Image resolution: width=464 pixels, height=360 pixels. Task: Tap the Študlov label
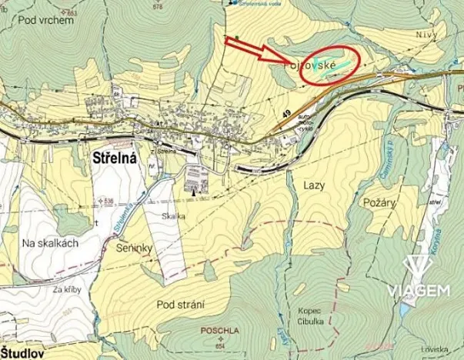(23, 353)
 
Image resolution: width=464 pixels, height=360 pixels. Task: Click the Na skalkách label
(51, 242)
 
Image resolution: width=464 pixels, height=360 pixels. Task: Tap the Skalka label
(174, 216)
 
